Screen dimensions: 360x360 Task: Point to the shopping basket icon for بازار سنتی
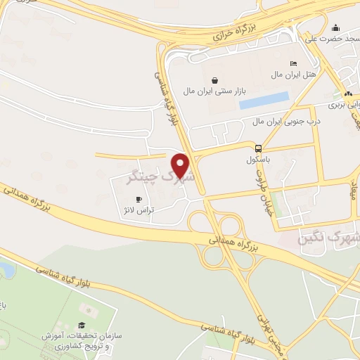[x=214, y=79]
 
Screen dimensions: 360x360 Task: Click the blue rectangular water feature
[x=264, y=100]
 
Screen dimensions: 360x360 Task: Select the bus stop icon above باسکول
[x=259, y=148]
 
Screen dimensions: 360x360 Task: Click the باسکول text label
[x=259, y=160]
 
